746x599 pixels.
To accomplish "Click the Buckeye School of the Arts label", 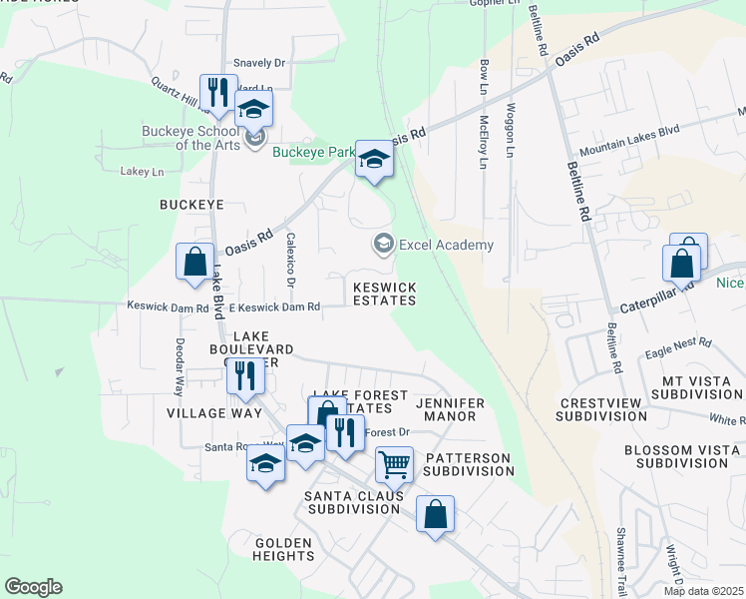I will (x=190, y=137).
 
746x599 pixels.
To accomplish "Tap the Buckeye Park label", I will (x=315, y=153).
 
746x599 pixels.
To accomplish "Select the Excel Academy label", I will (x=445, y=245).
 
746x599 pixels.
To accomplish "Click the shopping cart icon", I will (x=394, y=464).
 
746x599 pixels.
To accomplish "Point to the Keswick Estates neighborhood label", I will (x=384, y=294).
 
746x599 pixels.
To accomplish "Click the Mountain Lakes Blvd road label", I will (x=628, y=140).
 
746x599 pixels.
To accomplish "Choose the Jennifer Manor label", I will (x=454, y=409).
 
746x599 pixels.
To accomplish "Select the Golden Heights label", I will (x=284, y=549).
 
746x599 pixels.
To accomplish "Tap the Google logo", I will (x=33, y=587).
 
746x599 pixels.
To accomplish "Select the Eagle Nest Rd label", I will (x=677, y=345).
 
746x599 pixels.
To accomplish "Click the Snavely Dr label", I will (x=259, y=63).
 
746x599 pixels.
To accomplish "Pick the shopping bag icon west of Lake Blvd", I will (x=194, y=262).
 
